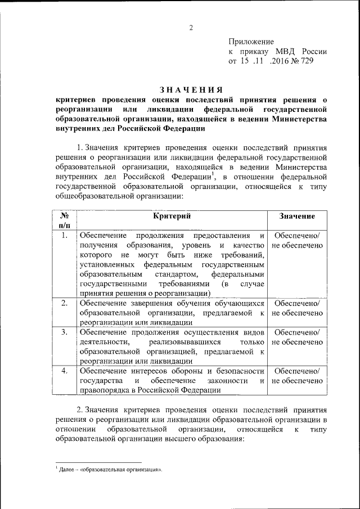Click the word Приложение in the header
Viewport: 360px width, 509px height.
pos(251,42)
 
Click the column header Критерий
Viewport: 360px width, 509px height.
pos(172,216)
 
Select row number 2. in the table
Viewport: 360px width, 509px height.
pos(65,303)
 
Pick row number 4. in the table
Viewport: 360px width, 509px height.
pos(65,371)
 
